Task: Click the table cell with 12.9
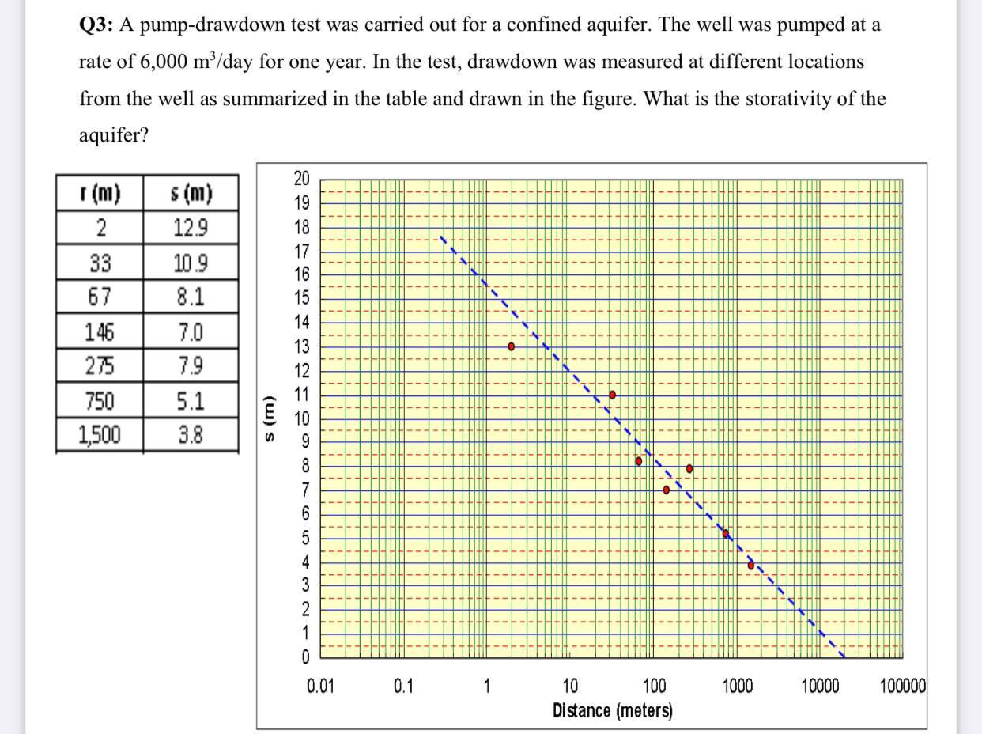(190, 229)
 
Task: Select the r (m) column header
(100, 193)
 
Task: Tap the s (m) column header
(190, 193)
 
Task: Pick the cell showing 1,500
(100, 434)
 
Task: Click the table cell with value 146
(100, 331)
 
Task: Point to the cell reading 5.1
(190, 401)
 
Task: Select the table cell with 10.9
(190, 263)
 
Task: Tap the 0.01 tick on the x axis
(320, 686)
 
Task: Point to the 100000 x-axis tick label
(902, 686)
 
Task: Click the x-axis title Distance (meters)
(613, 709)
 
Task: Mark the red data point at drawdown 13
(512, 346)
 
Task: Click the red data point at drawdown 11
(612, 394)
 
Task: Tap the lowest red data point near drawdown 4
(751, 565)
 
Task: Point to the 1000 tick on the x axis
(737, 686)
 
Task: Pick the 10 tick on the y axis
(303, 418)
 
